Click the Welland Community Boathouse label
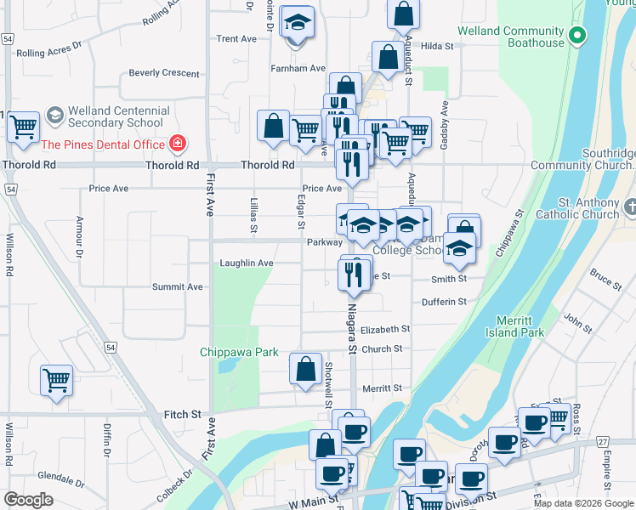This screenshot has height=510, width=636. pos(510,37)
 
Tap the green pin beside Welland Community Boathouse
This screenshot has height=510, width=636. pos(577,36)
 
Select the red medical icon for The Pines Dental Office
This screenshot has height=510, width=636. pos(178,144)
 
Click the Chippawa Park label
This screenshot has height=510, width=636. pos(240,352)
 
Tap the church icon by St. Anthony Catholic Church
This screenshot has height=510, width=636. pos(629,207)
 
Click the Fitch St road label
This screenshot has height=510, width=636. pos(184,415)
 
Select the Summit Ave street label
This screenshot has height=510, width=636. pos(178,287)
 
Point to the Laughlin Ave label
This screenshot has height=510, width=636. pos(247,263)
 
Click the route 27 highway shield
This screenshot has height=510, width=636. pos(603,441)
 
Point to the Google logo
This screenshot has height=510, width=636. pos(28,500)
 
